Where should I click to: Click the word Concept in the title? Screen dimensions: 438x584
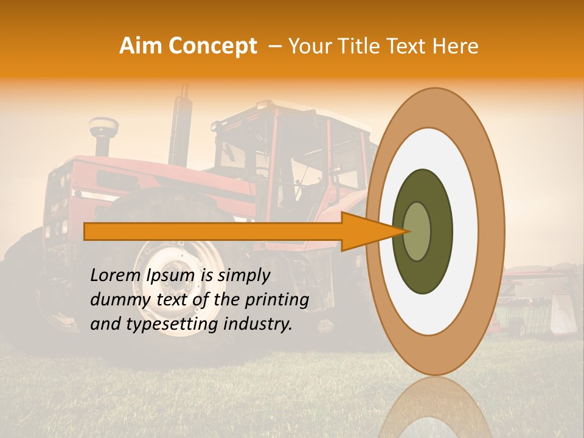pos(212,46)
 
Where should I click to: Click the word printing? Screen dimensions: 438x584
pos(277,300)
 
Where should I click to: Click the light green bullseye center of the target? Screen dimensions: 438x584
pos(417,232)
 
